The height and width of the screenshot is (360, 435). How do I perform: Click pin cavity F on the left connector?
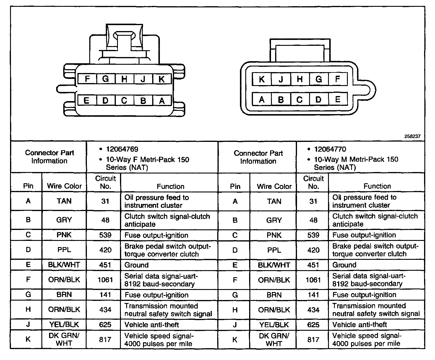click(x=87, y=79)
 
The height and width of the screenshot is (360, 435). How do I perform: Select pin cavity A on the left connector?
click(x=162, y=101)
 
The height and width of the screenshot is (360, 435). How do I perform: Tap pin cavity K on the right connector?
click(x=262, y=79)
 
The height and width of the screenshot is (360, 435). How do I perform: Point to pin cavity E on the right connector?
click(x=337, y=99)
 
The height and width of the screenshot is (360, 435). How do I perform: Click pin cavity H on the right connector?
click(x=300, y=79)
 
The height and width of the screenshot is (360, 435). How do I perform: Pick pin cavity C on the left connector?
click(x=124, y=101)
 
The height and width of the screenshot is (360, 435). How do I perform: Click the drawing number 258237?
click(x=412, y=137)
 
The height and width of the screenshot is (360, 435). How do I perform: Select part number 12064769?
click(x=122, y=149)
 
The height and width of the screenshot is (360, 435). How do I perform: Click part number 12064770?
click(x=330, y=149)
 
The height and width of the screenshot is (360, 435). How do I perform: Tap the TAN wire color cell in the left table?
click(x=64, y=201)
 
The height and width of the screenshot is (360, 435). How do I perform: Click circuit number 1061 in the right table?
click(x=313, y=280)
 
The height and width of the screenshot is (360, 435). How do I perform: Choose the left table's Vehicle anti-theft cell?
click(x=152, y=325)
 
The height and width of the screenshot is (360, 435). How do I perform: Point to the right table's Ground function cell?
click(x=344, y=265)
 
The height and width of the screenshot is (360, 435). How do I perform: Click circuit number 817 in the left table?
click(x=105, y=340)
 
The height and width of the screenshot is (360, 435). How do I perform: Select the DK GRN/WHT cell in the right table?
click(x=274, y=340)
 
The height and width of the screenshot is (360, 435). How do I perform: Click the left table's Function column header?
click(x=171, y=186)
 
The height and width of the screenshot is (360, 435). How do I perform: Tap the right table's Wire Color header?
click(x=274, y=186)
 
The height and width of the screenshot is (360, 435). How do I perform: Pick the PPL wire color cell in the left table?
click(x=64, y=250)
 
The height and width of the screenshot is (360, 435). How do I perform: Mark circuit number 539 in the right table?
click(x=313, y=235)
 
